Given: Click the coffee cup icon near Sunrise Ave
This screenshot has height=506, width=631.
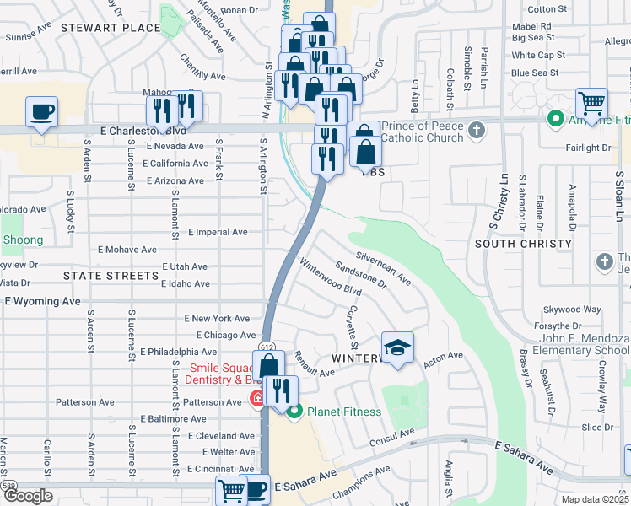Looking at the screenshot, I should pyautogui.click(x=41, y=111).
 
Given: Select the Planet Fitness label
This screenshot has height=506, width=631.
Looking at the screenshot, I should pyautogui.click(x=344, y=412).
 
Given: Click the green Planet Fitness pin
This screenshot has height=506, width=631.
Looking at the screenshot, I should pyautogui.click(x=294, y=412).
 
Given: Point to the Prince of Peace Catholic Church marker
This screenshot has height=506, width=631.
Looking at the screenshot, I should pyautogui.click(x=477, y=130).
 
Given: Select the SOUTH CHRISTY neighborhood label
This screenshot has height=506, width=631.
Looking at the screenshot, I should pyautogui.click(x=523, y=244).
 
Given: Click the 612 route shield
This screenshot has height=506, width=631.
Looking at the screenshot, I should pyautogui.click(x=267, y=347).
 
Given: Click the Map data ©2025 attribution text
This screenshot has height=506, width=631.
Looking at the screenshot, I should pyautogui.click(x=596, y=499).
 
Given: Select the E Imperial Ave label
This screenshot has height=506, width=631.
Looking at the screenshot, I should pyautogui.click(x=218, y=232).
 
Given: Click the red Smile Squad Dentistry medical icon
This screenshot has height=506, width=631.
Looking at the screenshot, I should pyautogui.click(x=256, y=397).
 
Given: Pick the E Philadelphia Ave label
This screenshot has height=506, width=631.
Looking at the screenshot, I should pyautogui.click(x=179, y=352).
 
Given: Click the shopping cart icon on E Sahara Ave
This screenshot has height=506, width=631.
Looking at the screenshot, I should pyautogui.click(x=231, y=489).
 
